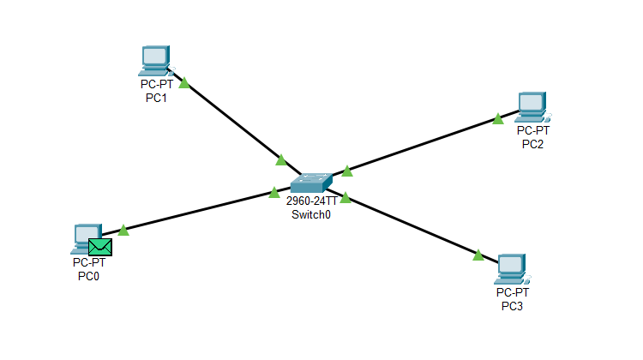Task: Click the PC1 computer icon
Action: [155, 61]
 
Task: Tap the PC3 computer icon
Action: [511, 269]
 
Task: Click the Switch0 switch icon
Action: [310, 183]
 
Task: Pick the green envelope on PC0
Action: [100, 247]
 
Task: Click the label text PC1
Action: [156, 98]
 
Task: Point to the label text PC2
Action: [532, 143]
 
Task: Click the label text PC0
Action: [89, 276]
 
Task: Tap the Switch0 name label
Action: [310, 214]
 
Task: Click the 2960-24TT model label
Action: [311, 202]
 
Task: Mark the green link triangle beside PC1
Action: [183, 83]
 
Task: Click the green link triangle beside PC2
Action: [498, 118]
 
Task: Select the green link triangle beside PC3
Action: [478, 255]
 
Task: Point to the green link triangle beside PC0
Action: [123, 230]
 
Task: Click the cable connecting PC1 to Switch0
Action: [231, 121]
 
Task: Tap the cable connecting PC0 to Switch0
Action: [197, 212]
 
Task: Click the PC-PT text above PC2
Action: [532, 131]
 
